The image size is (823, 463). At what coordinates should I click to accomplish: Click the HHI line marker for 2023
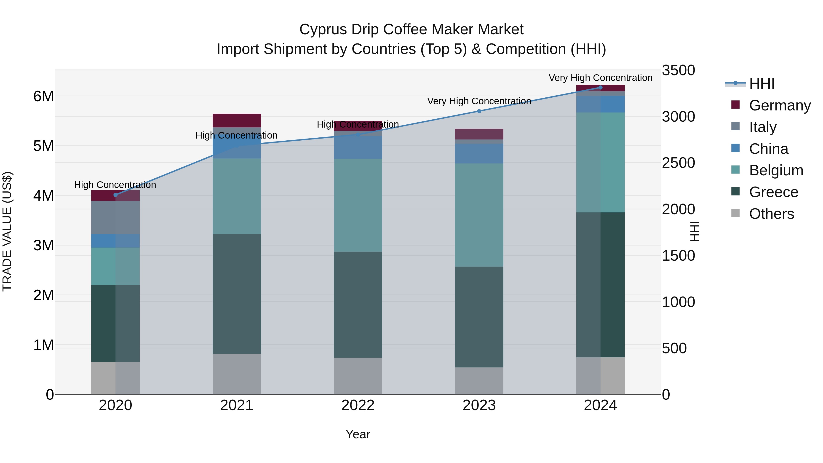[479, 111]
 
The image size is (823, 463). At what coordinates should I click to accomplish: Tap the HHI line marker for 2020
[116, 195]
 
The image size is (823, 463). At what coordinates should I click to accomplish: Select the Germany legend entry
[780, 105]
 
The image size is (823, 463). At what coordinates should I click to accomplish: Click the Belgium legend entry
[776, 170]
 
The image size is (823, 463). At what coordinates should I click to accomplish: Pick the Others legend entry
[771, 214]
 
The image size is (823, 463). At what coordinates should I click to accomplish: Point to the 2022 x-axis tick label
[358, 405]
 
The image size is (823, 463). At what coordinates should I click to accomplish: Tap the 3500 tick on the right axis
[678, 70]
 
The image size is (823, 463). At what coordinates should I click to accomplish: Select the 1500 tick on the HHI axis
[678, 256]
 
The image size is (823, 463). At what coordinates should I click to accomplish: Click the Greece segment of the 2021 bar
[237, 294]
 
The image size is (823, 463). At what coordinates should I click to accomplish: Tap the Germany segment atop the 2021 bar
[237, 120]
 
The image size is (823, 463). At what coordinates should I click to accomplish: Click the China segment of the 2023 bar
[479, 153]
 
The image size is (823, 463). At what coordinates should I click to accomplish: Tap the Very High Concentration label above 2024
[600, 78]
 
